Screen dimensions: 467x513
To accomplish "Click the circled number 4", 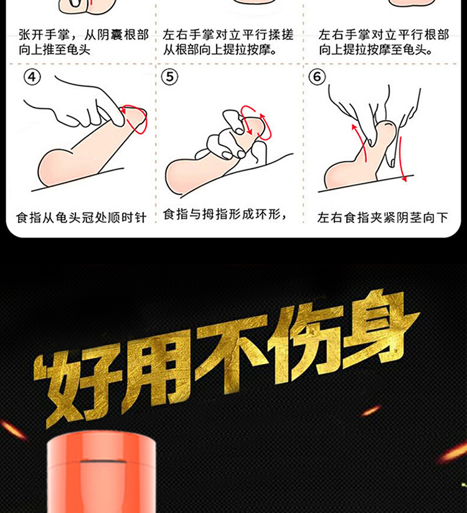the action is [x=32, y=77].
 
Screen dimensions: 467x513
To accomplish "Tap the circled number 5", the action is [x=170, y=76].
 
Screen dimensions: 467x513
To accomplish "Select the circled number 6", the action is [x=317, y=76].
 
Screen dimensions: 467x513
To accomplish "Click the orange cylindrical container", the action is [x=101, y=473].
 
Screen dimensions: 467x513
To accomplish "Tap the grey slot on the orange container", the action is [x=103, y=463].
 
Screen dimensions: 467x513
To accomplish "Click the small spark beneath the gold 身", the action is [x=371, y=410].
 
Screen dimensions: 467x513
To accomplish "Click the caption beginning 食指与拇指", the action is [x=225, y=215].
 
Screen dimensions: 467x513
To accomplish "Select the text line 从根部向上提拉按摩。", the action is [x=220, y=50].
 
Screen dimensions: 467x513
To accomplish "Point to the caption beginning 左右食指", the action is [x=382, y=218].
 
